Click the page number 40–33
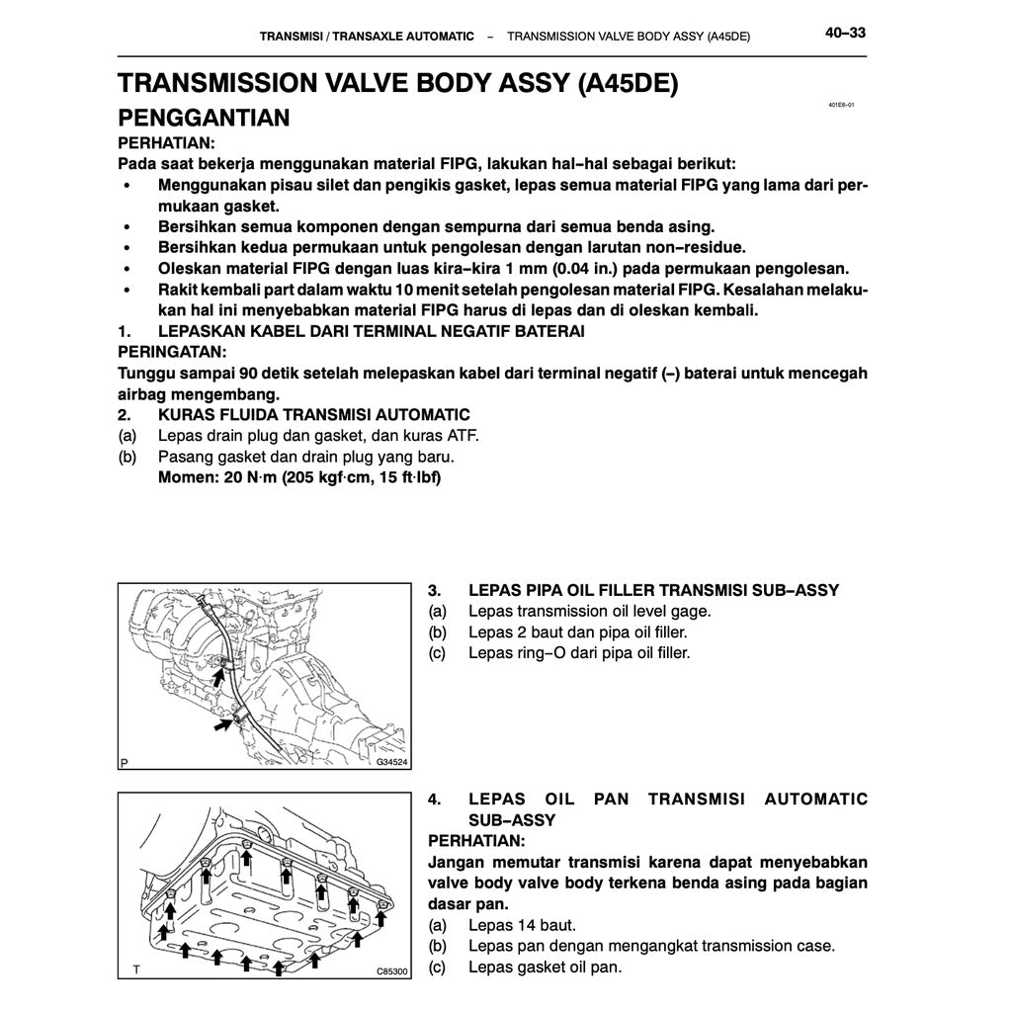(x=845, y=34)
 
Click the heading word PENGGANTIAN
(x=204, y=119)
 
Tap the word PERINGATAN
(x=172, y=352)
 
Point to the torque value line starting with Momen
(x=299, y=478)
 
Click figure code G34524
(x=391, y=763)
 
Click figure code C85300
(x=391, y=971)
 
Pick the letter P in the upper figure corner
(x=125, y=763)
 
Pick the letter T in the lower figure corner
(x=125, y=971)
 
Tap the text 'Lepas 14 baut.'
(x=522, y=926)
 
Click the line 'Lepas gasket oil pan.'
(x=545, y=967)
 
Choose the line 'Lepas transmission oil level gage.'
(x=589, y=611)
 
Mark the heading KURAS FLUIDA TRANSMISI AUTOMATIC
(x=313, y=415)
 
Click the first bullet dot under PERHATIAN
(x=126, y=186)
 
